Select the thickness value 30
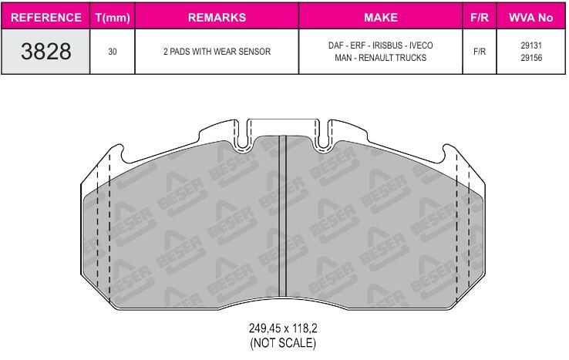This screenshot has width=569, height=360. point(113,52)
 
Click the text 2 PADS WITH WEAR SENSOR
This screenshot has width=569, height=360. point(217,52)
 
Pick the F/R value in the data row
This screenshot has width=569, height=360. point(479,52)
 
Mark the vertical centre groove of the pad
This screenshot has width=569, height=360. point(282,216)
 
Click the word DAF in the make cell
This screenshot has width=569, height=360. point(336,46)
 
